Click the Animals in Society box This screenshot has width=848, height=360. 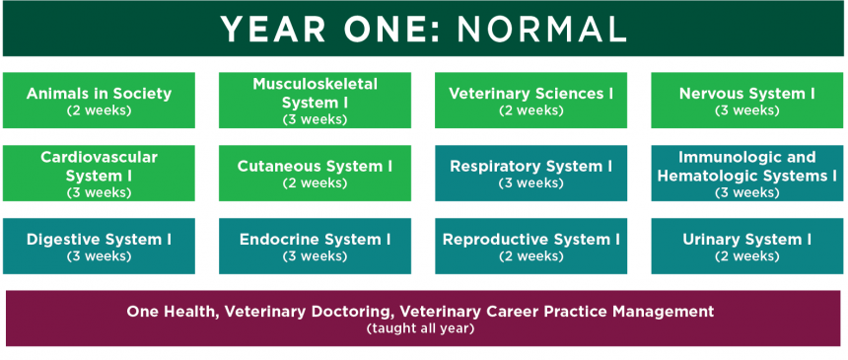point(99,101)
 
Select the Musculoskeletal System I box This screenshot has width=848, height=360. point(315,101)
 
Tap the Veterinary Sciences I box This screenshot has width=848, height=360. point(531,101)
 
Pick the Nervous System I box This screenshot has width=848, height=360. point(746,101)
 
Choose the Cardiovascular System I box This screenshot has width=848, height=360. point(99,174)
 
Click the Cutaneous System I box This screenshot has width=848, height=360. point(315,174)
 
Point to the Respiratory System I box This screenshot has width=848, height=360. point(531,174)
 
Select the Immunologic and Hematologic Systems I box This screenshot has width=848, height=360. point(746,174)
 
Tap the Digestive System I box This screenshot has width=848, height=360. point(99,247)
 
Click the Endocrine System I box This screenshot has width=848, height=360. point(315,247)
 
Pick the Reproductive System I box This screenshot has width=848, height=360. point(531,247)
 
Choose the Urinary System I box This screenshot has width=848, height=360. point(746,247)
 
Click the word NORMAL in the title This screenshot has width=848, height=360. point(542,30)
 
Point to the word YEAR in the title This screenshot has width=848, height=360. point(273,30)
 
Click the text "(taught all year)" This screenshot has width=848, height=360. point(420,328)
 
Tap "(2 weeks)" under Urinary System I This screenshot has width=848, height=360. point(746,256)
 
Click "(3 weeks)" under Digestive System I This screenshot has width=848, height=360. point(99,256)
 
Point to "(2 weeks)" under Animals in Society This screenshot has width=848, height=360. point(99,110)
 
